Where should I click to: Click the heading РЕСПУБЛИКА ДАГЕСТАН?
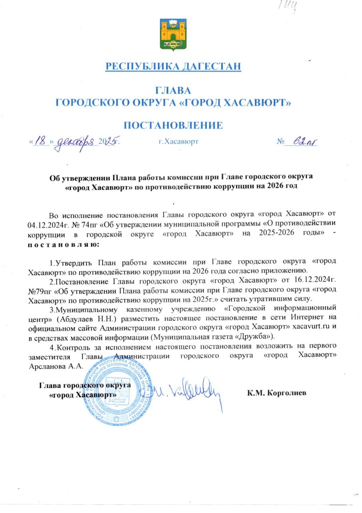pyautogui.click(x=173, y=66)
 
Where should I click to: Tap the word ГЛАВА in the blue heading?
pyautogui.click(x=173, y=91)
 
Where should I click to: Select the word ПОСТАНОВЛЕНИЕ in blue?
pyautogui.click(x=173, y=125)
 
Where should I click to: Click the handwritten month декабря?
pyautogui.click(x=76, y=141)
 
